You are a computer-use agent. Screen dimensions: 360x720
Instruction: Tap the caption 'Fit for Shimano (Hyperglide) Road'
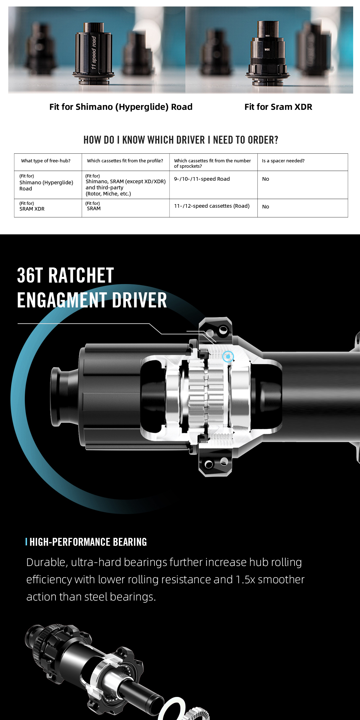tap(121, 107)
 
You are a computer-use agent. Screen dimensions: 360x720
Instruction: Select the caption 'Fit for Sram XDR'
tap(278, 107)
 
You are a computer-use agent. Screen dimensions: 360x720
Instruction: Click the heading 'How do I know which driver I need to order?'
tap(181, 140)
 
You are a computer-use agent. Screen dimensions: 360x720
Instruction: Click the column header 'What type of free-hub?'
tap(46, 161)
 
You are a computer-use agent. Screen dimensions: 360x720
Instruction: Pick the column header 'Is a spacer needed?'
tap(283, 161)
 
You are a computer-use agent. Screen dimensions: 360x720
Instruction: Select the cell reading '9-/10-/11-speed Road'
tap(202, 179)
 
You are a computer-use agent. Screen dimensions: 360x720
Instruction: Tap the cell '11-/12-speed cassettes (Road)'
tap(212, 206)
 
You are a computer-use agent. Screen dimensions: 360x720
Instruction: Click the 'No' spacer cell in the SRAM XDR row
tap(266, 207)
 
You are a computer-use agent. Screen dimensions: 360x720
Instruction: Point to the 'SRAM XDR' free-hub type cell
tap(32, 209)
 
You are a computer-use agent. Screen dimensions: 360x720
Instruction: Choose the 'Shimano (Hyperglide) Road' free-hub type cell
tap(46, 185)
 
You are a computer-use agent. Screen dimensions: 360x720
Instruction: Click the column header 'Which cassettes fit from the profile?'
tap(125, 161)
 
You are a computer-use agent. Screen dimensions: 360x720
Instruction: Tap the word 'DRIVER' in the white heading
tap(139, 300)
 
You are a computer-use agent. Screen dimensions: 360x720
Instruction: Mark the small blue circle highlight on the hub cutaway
tap(228, 357)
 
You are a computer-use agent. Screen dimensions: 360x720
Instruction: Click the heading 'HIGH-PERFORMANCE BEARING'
tap(88, 542)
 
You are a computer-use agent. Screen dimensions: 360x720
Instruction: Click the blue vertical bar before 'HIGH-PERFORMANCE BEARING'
tap(26, 542)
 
